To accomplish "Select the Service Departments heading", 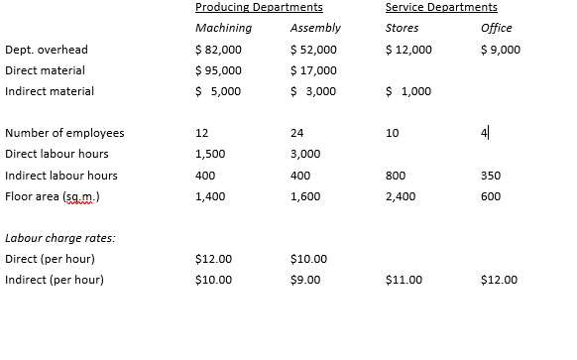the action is [441, 8].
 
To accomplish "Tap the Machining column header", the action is [223, 28].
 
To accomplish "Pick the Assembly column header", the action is [315, 28].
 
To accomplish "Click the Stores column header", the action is [402, 28].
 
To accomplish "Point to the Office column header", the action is [496, 28].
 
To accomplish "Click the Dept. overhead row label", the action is [47, 50].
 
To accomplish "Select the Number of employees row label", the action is [64, 133].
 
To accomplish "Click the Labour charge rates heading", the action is [59, 238].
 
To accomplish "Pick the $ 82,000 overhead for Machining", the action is [218, 50].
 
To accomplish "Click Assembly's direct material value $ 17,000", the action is [313, 70].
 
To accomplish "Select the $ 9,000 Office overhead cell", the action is [499, 50].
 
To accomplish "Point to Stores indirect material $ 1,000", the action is [407, 91].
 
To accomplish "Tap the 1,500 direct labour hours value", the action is [210, 155].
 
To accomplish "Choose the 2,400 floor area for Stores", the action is [401, 196].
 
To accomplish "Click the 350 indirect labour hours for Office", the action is [490, 176].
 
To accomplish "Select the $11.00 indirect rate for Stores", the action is [404, 280].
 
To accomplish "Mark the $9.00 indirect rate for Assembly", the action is [308, 280].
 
